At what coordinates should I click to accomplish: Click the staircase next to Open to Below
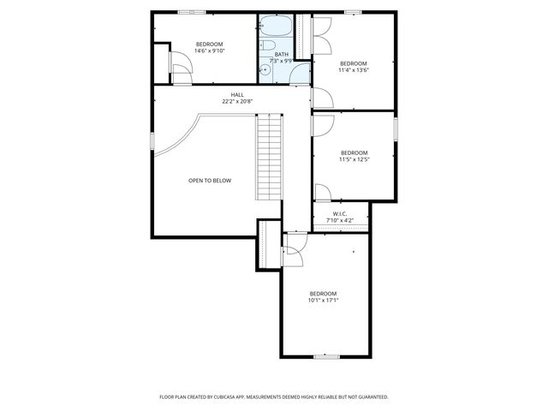point(270,158)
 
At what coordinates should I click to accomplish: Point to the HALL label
point(237,94)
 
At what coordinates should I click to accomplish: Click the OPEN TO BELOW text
point(210,181)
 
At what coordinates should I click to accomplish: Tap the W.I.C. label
point(340,214)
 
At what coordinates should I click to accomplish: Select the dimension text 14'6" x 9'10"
point(210,51)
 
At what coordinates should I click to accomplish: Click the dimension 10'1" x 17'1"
point(324,300)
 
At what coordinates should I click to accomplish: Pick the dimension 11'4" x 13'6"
point(353,70)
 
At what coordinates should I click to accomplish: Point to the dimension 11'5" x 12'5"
point(354,159)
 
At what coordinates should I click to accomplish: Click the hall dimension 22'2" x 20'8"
point(237,101)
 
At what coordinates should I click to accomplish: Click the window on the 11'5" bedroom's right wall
point(396,128)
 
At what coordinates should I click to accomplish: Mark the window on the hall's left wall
point(152,140)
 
